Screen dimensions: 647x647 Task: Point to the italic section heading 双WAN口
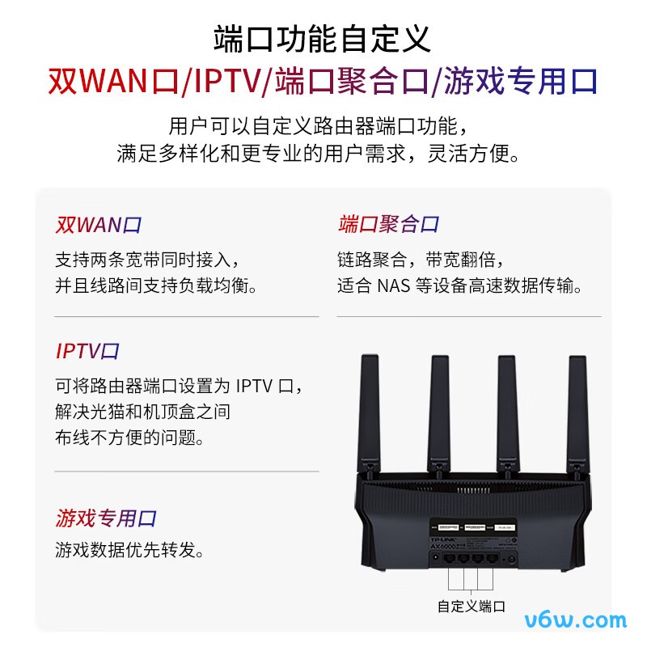pyautogui.click(x=99, y=225)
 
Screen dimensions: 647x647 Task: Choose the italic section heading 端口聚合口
pyautogui.click(x=388, y=225)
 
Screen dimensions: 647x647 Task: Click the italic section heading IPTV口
pyautogui.click(x=87, y=351)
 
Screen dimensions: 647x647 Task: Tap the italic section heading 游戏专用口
pyautogui.click(x=106, y=518)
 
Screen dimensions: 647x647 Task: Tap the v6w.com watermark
pyautogui.click(x=576, y=620)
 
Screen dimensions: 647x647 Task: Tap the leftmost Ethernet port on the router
pyautogui.click(x=450, y=559)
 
